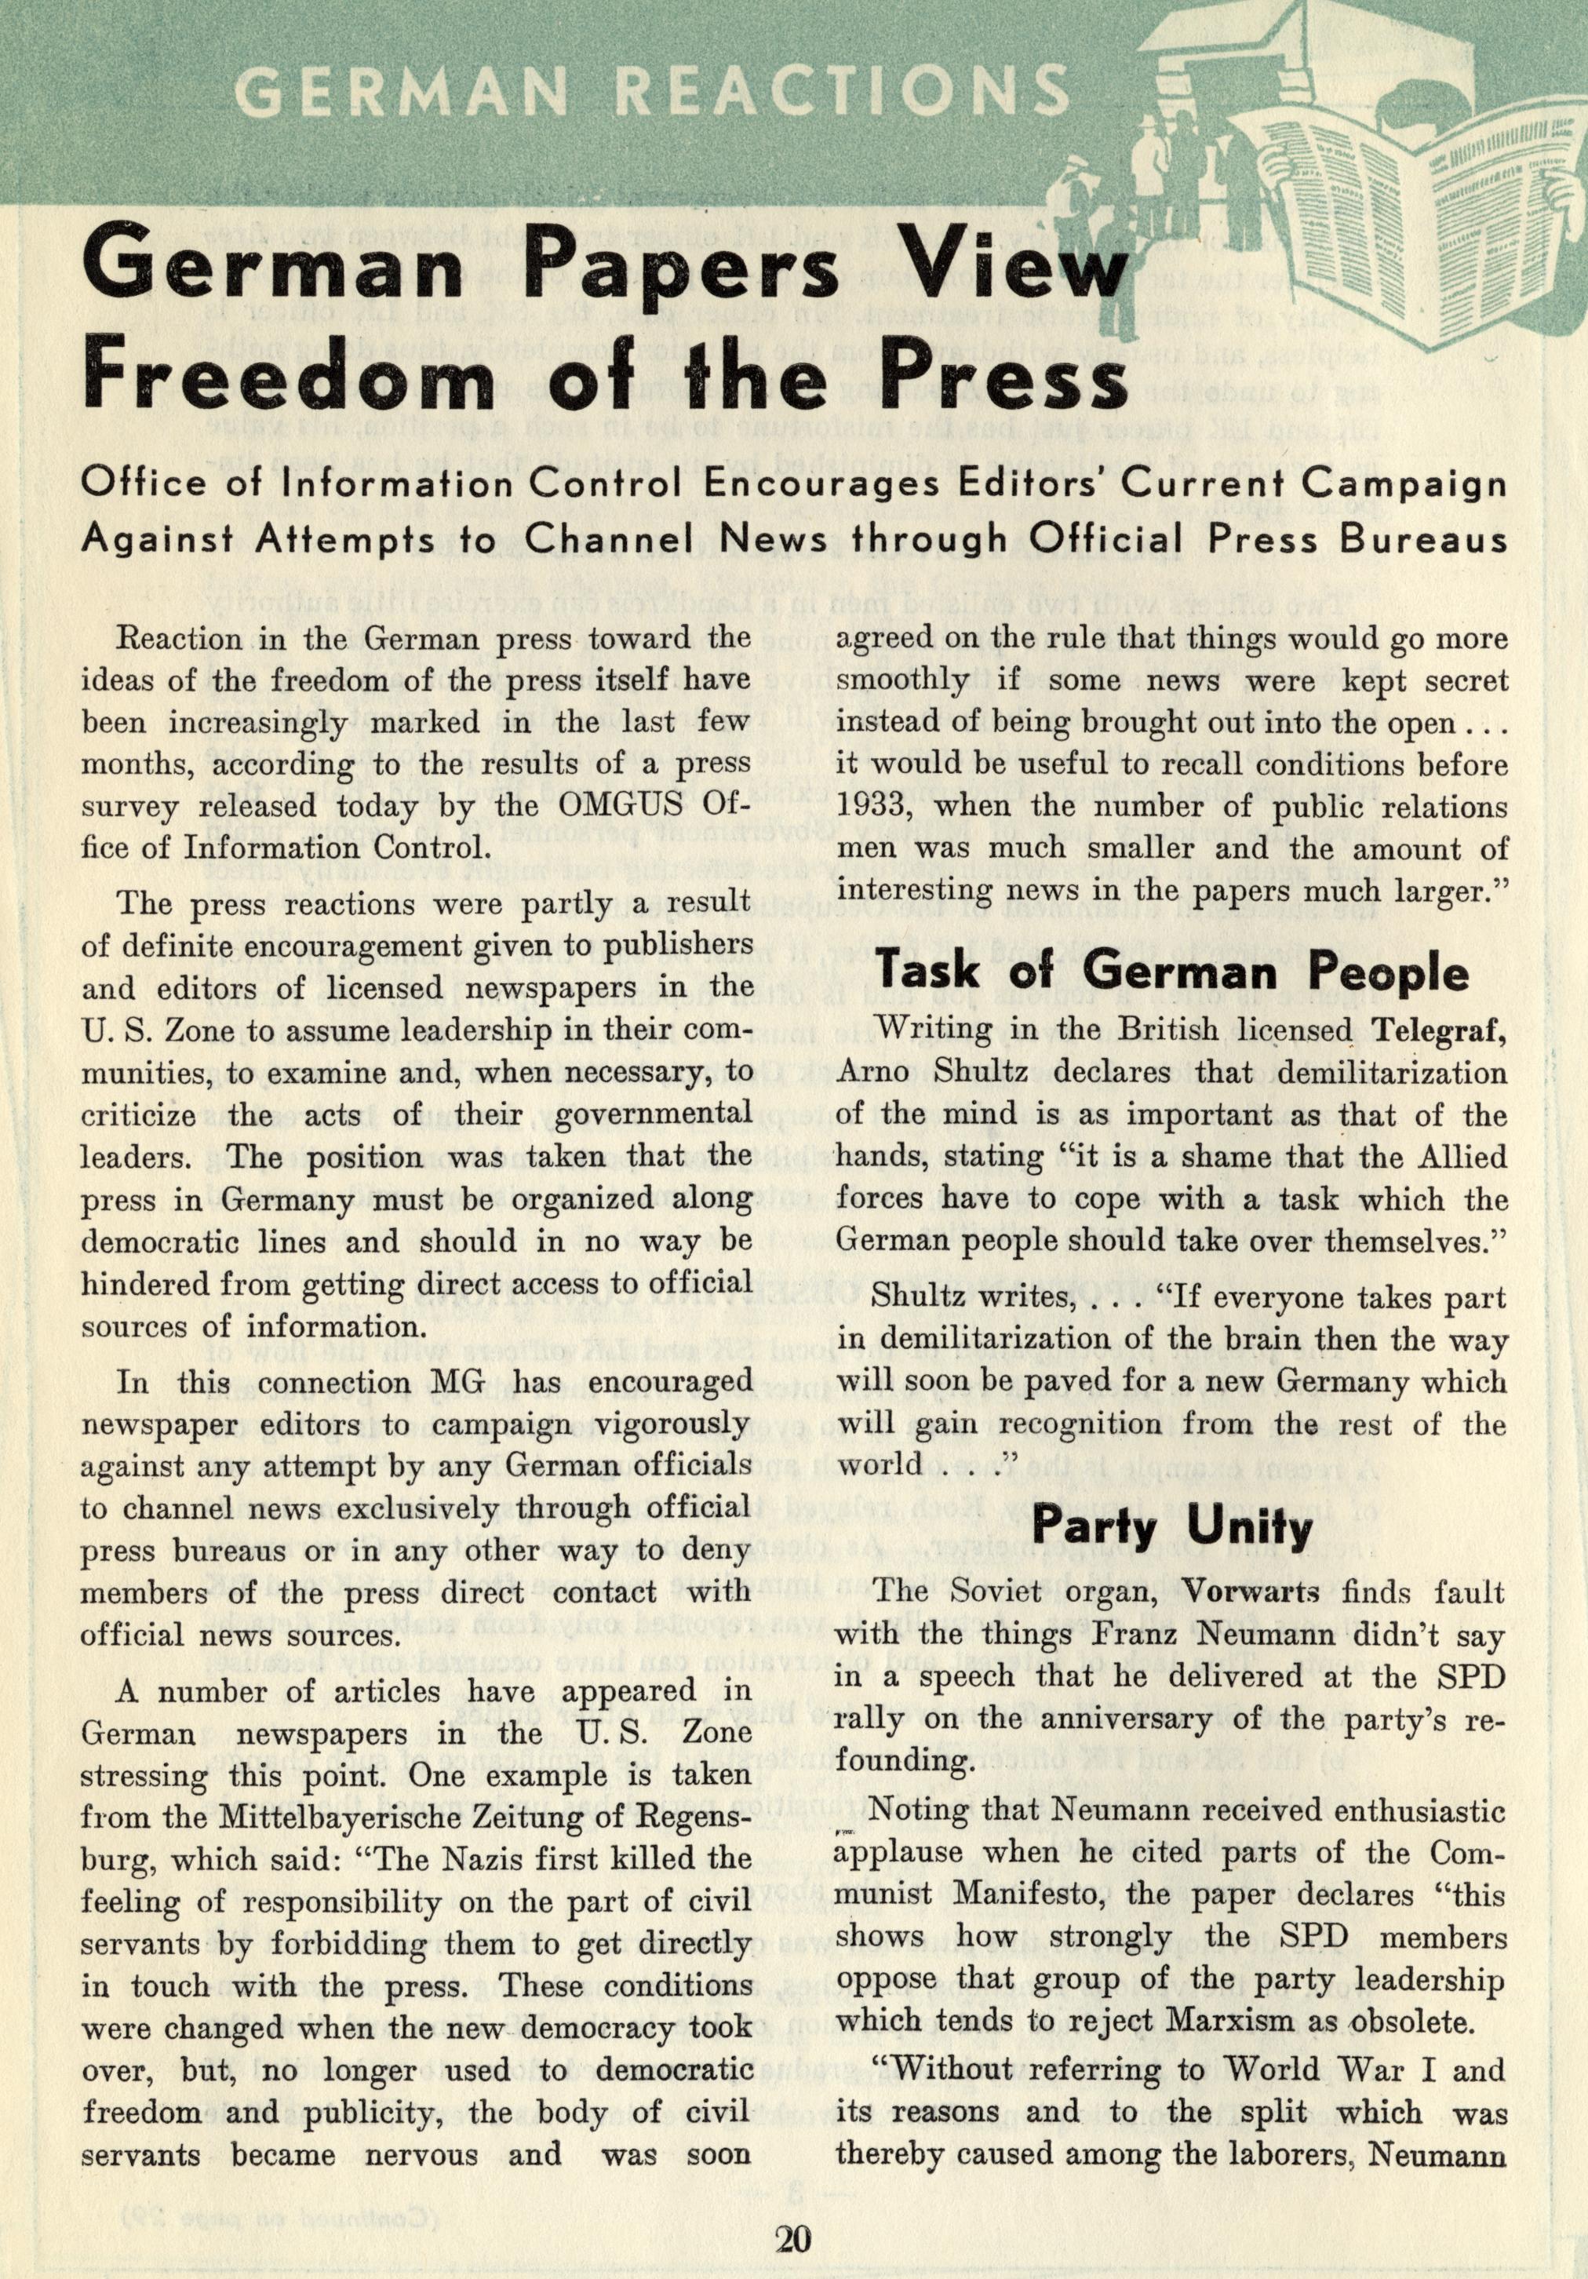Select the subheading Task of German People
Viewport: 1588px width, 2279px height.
pyautogui.click(x=1172, y=975)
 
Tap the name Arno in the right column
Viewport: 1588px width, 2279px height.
pyautogui.click(x=874, y=1072)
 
